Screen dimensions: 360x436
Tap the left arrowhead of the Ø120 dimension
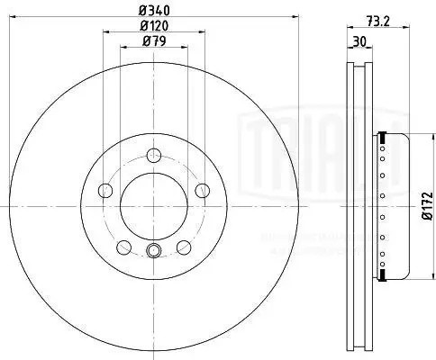[x=105, y=32]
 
